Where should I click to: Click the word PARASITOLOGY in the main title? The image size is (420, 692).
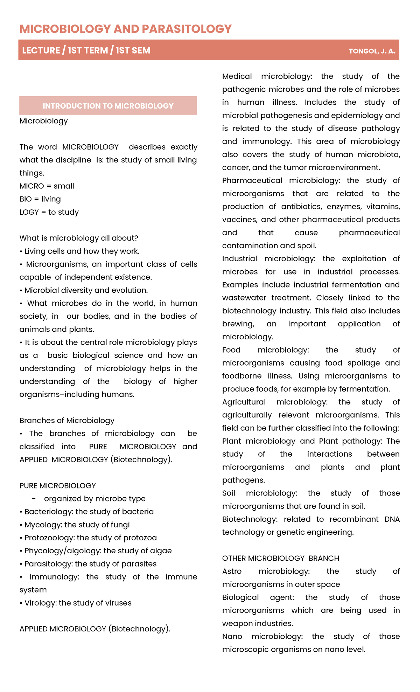[187, 29]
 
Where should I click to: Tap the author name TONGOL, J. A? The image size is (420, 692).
[372, 51]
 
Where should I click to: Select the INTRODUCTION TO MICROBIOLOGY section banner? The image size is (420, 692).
[108, 106]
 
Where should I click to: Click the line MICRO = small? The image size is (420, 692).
[47, 186]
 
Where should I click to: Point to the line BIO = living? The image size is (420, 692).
[40, 199]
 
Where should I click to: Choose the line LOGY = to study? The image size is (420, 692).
[49, 212]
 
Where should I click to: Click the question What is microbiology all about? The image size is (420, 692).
[79, 238]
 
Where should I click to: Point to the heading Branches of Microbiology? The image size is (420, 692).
[67, 420]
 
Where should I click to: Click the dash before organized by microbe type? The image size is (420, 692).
[34, 499]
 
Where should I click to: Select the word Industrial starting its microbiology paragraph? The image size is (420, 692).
[239, 259]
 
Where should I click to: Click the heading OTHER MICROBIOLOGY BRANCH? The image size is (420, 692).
[280, 558]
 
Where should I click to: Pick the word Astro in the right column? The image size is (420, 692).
[232, 571]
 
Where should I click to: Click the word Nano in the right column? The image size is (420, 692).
[232, 636]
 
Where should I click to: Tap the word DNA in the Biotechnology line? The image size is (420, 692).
[392, 519]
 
